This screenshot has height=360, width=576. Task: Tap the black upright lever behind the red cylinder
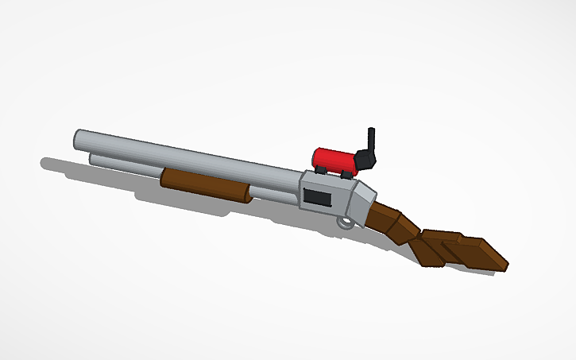[x=370, y=144]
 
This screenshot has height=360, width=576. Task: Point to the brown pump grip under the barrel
[x=205, y=184]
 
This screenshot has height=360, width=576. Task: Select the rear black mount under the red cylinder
[x=348, y=172]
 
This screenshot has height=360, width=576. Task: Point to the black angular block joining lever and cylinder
[x=365, y=161]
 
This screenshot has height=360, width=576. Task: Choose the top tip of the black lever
[x=370, y=130]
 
